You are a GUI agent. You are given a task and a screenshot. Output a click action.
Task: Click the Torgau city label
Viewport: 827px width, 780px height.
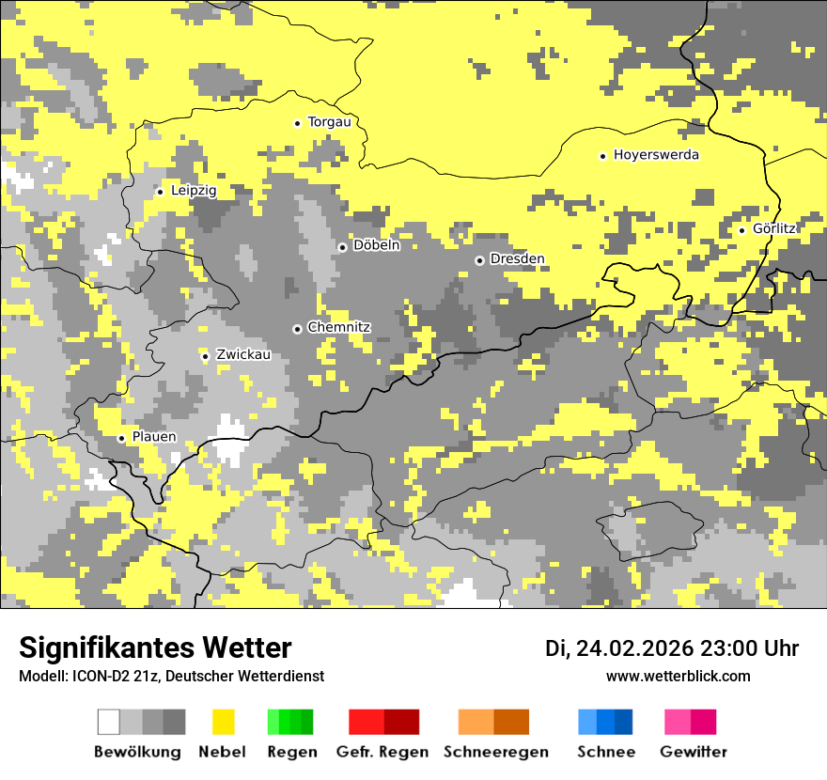(x=329, y=122)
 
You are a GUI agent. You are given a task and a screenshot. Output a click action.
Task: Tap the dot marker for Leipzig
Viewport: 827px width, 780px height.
(x=160, y=192)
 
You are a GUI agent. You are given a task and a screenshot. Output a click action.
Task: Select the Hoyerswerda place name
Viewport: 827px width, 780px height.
(x=656, y=155)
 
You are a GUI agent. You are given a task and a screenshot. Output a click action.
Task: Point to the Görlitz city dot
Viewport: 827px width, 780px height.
(x=741, y=230)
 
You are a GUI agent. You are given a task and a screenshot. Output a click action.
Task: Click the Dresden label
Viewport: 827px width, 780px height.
(x=517, y=259)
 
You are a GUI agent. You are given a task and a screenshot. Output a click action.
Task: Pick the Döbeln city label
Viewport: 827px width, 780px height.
(x=376, y=245)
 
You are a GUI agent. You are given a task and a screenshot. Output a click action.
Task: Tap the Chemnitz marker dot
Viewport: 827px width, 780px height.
(x=297, y=329)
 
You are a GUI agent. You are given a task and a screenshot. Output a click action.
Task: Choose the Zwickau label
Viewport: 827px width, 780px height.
(x=242, y=355)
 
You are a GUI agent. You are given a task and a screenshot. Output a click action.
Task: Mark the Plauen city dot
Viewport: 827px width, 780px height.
(x=121, y=439)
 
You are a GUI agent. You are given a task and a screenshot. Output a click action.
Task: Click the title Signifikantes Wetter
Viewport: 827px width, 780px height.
(x=155, y=647)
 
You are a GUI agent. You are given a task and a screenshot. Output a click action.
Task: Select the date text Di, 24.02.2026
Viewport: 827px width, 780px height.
(x=619, y=648)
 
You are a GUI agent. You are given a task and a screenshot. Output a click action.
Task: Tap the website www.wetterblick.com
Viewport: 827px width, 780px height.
(x=678, y=676)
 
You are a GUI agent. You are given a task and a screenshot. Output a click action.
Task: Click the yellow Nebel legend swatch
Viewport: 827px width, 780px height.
(x=223, y=722)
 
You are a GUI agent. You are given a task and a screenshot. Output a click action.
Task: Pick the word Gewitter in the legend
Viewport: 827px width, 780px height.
(x=693, y=752)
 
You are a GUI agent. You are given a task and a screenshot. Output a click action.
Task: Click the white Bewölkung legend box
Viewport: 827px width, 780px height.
(x=109, y=722)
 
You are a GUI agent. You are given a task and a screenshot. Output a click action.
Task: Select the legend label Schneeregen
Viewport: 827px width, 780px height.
(x=495, y=752)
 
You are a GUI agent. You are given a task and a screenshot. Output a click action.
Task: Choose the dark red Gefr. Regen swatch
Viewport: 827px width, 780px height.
(x=401, y=722)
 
